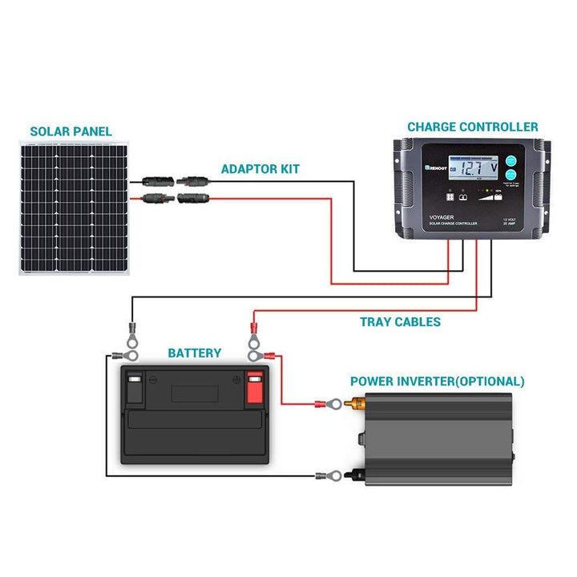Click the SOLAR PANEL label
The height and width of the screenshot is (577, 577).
tap(71, 131)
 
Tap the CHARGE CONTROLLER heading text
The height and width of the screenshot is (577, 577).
tap(473, 127)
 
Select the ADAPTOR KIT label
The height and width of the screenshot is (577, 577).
tap(261, 170)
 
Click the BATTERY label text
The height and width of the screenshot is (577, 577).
tap(194, 353)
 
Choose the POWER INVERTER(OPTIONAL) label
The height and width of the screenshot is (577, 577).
tap(438, 381)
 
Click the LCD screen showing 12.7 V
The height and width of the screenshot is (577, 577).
tap(473, 169)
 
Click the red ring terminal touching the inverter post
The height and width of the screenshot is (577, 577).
tap(328, 404)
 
